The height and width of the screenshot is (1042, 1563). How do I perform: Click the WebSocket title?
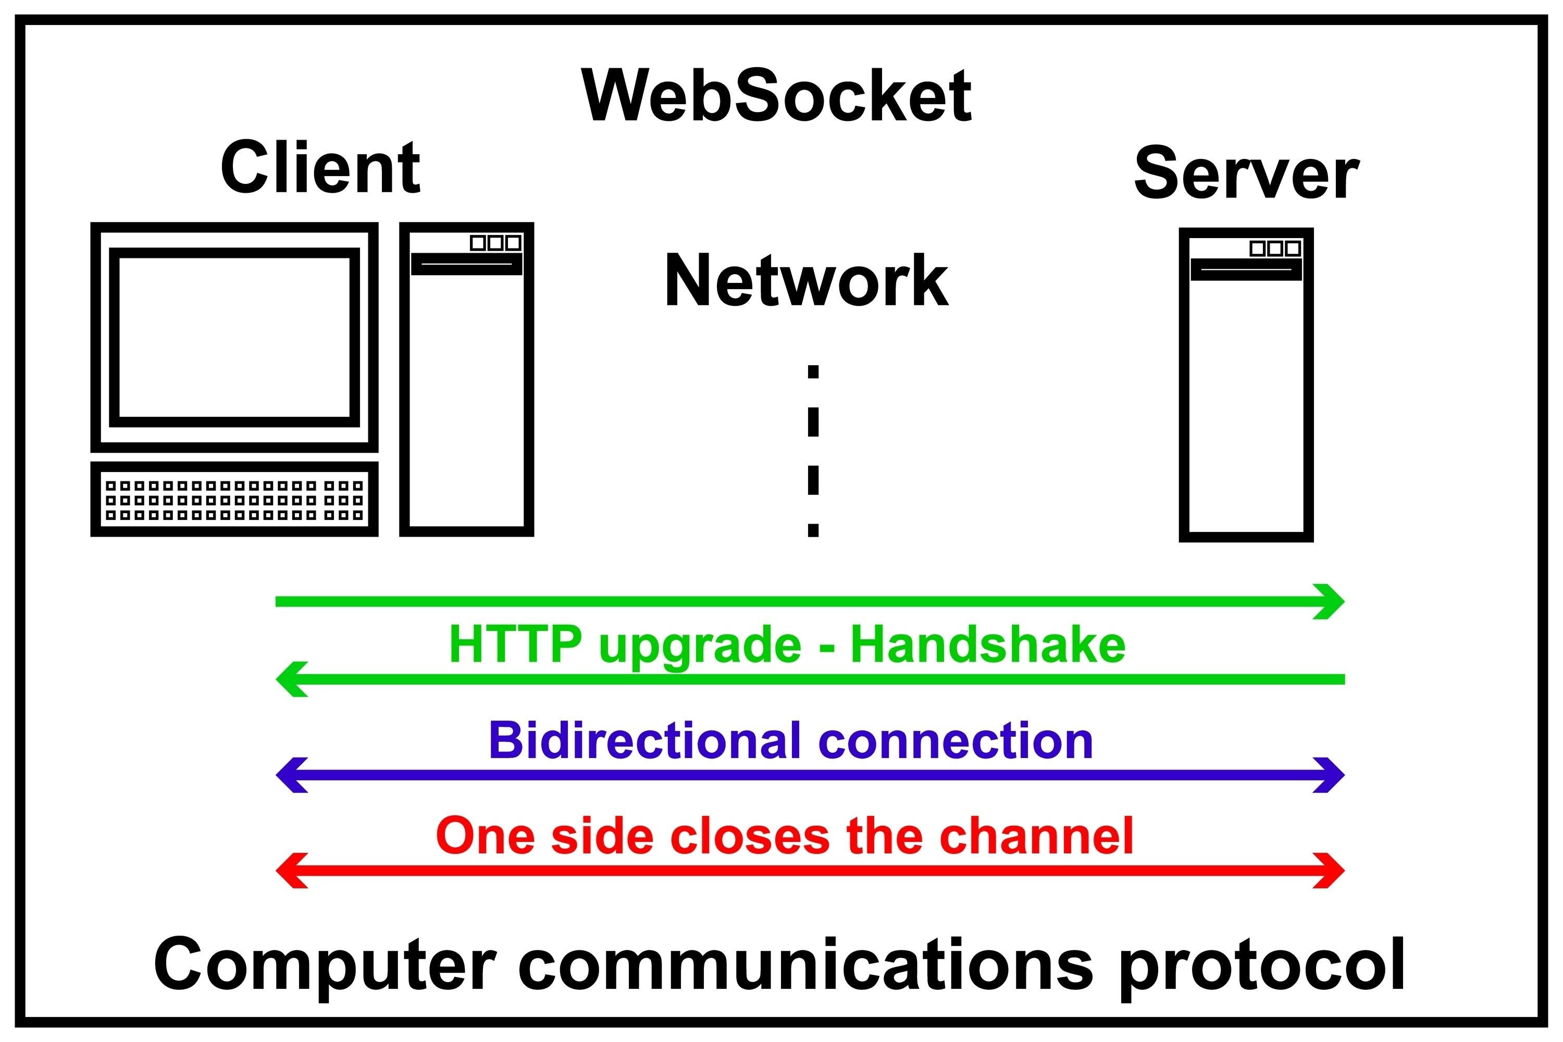tap(776, 97)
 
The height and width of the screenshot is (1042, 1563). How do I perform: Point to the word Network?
tap(806, 282)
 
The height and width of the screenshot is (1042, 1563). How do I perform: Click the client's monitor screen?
tap(234, 338)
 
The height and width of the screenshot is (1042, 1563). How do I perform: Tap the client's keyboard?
tap(234, 499)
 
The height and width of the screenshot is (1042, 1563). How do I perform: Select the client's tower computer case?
tap(466, 399)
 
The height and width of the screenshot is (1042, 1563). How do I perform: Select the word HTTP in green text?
tap(515, 644)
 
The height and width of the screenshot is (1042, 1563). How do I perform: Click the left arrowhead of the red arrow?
tap(290, 871)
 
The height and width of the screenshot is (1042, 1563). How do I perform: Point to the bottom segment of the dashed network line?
tap(813, 530)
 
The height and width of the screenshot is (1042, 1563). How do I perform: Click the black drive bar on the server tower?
tap(1246, 269)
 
